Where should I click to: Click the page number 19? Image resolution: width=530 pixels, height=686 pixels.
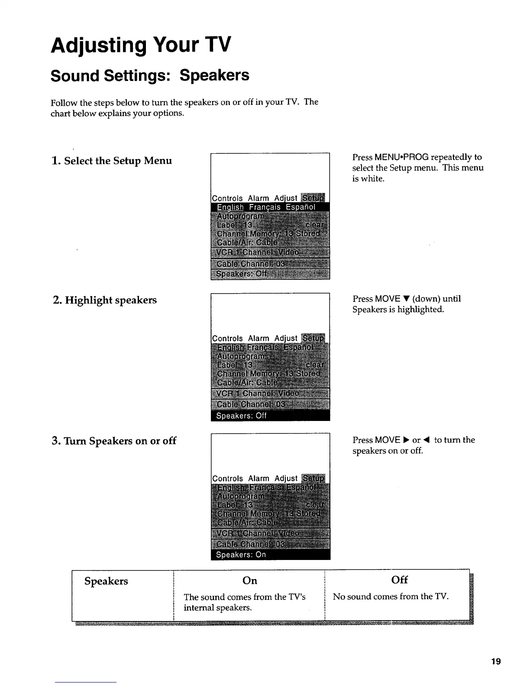tap(496, 661)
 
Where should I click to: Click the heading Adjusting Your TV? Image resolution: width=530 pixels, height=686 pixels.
tap(141, 45)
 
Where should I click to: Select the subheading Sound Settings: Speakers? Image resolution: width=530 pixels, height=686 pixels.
tap(150, 75)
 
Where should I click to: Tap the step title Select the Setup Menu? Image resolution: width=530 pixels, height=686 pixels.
tap(112, 161)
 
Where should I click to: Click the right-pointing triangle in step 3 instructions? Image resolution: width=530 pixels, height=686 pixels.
tap(406, 440)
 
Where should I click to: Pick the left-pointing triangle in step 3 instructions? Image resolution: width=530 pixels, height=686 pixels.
tap(427, 440)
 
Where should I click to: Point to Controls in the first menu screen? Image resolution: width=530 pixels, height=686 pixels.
tap(227, 198)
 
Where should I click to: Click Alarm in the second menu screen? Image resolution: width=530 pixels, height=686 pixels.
tap(259, 338)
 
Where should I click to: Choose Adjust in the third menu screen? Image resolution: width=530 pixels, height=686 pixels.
tap(286, 478)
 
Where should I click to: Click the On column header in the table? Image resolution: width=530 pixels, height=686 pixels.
tap(250, 581)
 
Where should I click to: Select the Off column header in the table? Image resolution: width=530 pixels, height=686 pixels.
tap(399, 580)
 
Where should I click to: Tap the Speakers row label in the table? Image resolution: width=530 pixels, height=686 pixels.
tap(107, 581)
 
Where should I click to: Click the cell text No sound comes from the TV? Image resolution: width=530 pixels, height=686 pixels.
tap(391, 597)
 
